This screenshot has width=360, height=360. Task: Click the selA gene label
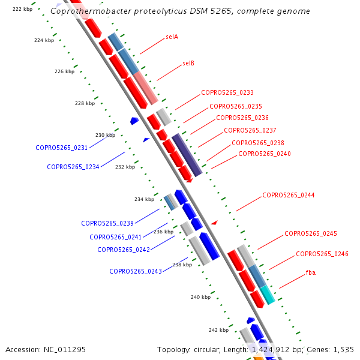coord(172,37)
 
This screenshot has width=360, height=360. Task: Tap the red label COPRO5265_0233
coord(227,92)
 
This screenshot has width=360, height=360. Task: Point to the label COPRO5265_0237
coord(250,130)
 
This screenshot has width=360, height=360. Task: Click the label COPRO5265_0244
coord(288,196)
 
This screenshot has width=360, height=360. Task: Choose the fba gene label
coord(310,272)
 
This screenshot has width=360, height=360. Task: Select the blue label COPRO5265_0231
coord(61,148)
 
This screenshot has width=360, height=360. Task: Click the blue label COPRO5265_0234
coord(73,167)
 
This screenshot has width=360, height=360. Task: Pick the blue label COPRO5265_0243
coord(135,271)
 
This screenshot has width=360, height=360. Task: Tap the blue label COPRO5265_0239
coord(107,223)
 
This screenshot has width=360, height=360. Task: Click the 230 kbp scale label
coord(105,135)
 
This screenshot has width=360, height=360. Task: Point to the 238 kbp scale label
coord(182,265)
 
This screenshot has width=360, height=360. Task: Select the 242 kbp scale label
coord(218,330)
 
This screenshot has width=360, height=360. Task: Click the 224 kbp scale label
coord(44,40)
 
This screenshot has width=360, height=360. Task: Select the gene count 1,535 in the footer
coord(343,349)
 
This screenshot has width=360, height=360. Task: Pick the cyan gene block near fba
coord(267,295)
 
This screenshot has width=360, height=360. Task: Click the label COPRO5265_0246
coord(322,254)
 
